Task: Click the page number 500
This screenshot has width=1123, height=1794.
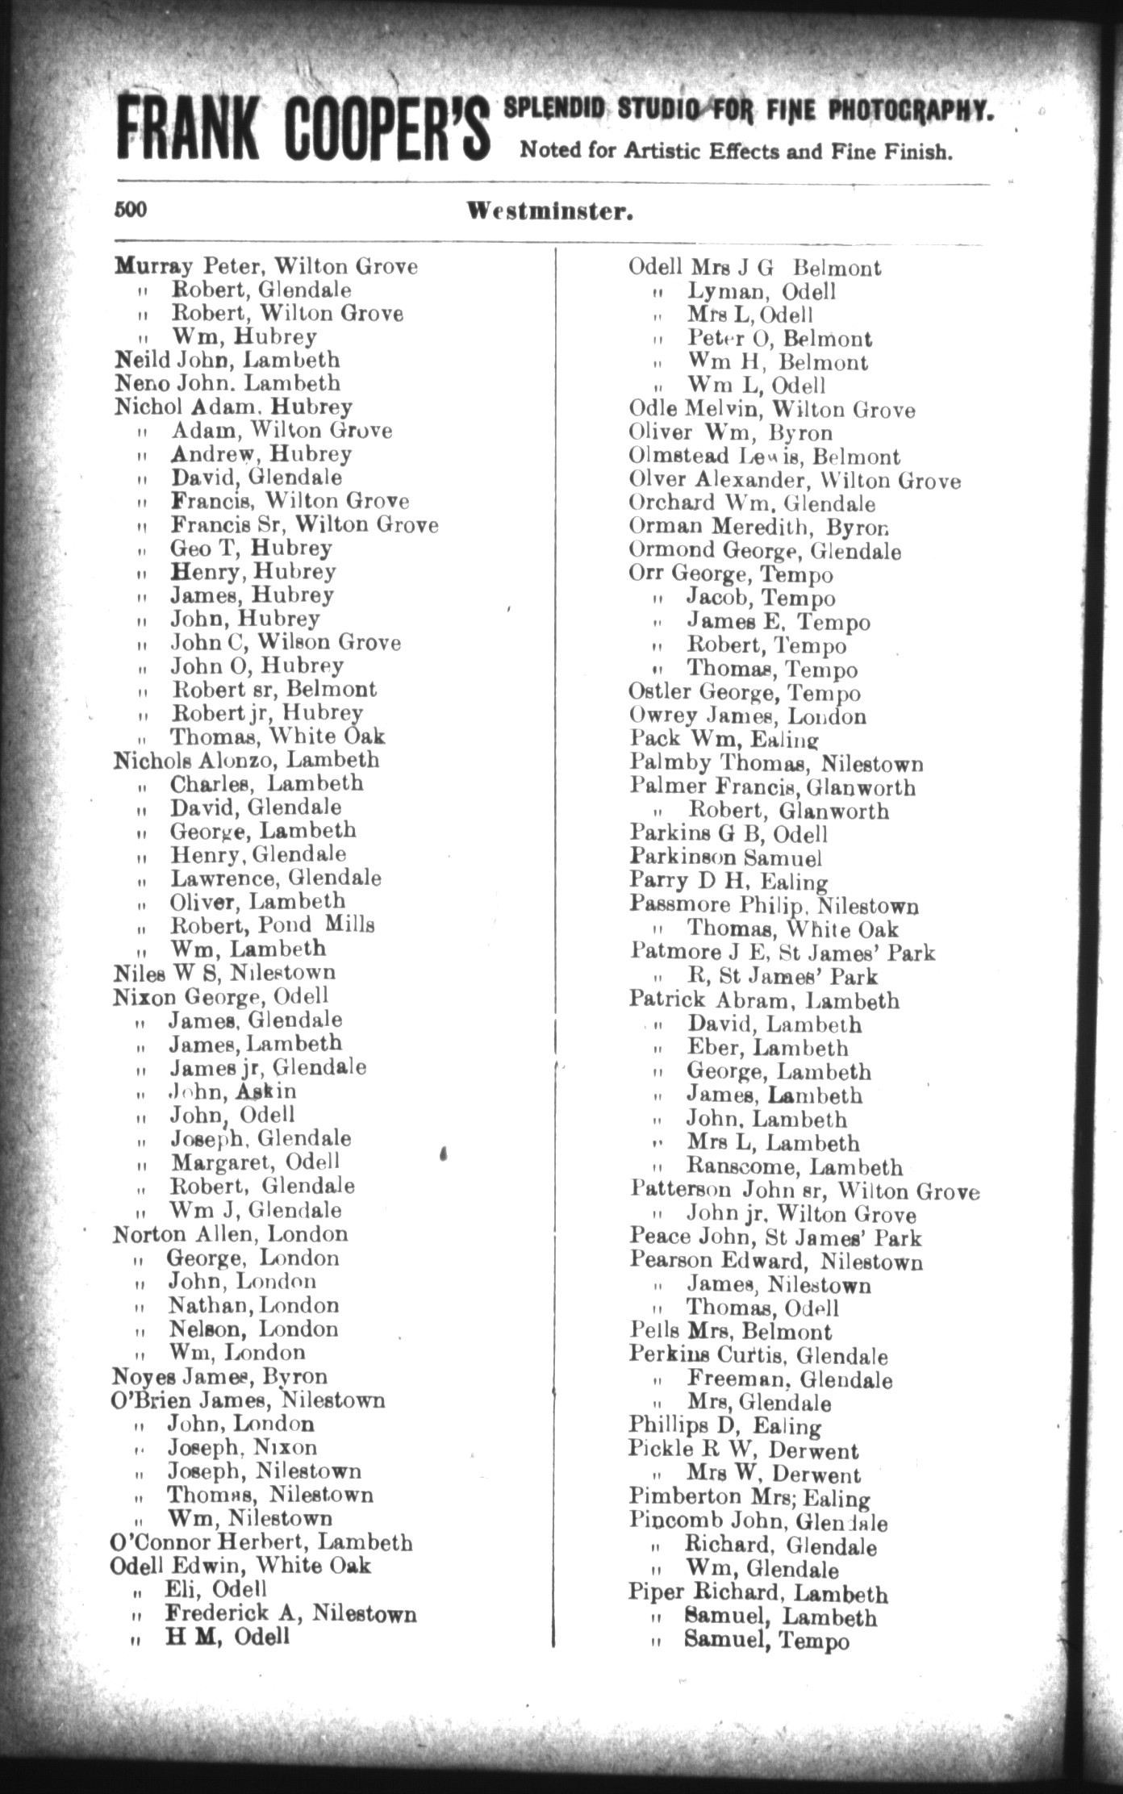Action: tap(130, 210)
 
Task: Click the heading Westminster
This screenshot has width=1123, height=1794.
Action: tap(549, 212)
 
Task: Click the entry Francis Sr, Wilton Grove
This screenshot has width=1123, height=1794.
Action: tap(304, 525)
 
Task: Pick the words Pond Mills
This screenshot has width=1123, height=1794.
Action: tap(331, 924)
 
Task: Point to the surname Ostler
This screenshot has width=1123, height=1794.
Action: tap(659, 692)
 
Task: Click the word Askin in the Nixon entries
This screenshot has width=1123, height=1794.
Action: tap(266, 1091)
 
